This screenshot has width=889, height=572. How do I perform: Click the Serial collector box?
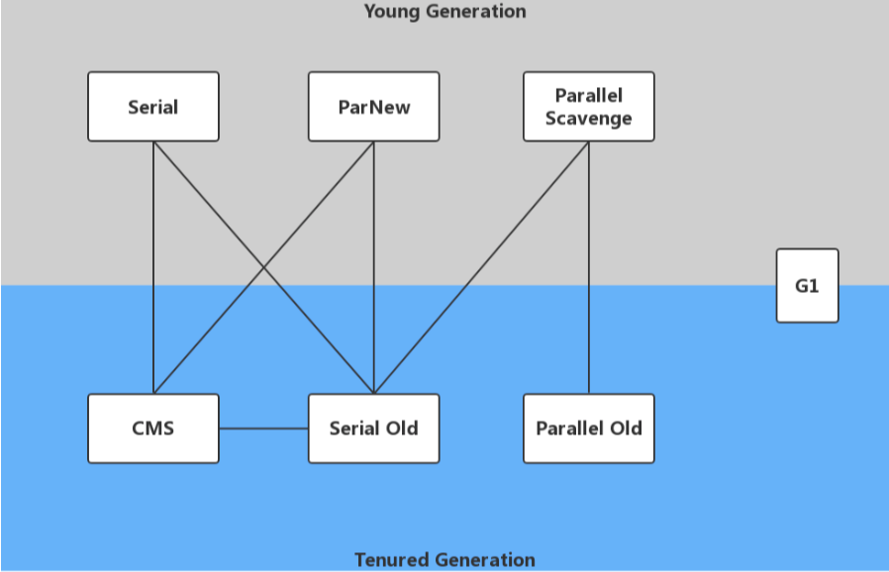(153, 107)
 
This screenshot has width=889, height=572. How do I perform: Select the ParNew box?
(373, 107)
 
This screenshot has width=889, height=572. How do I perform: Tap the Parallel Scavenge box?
(588, 107)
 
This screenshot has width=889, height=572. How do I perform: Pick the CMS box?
(153, 429)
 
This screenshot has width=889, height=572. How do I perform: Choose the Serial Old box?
(373, 429)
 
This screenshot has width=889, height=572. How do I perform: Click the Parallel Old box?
(588, 429)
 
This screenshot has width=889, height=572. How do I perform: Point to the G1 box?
(807, 286)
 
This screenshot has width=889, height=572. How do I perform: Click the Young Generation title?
(444, 12)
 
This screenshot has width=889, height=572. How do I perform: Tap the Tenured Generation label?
(444, 560)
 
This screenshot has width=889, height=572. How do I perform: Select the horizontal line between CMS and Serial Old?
(263, 429)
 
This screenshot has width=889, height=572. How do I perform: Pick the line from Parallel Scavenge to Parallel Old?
(589, 267)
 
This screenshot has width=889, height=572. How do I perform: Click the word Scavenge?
(588, 119)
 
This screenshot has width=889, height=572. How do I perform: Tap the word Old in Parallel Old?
(625, 429)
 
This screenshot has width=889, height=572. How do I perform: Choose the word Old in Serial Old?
(401, 429)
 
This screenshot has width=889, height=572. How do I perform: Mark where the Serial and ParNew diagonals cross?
(263, 267)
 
